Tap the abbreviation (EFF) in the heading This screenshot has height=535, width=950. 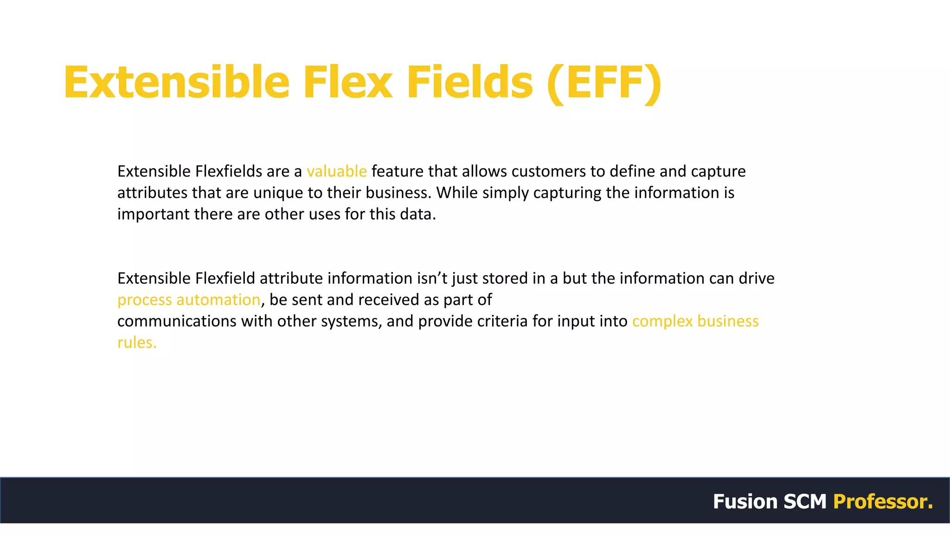point(604,82)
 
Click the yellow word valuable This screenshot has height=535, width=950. point(337,171)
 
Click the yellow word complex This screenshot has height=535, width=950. point(662,321)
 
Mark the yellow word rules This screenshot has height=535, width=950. point(136,342)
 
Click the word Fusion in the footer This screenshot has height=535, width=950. point(745,502)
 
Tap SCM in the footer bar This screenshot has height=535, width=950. point(805,502)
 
